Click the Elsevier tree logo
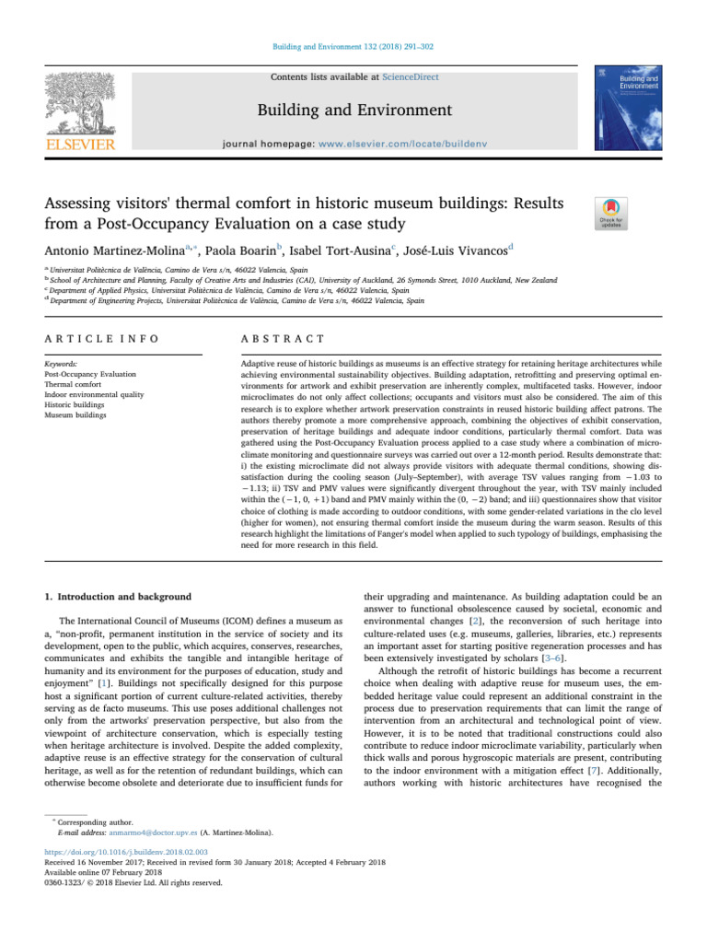[x=82, y=102]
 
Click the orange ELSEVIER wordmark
[x=82, y=146]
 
